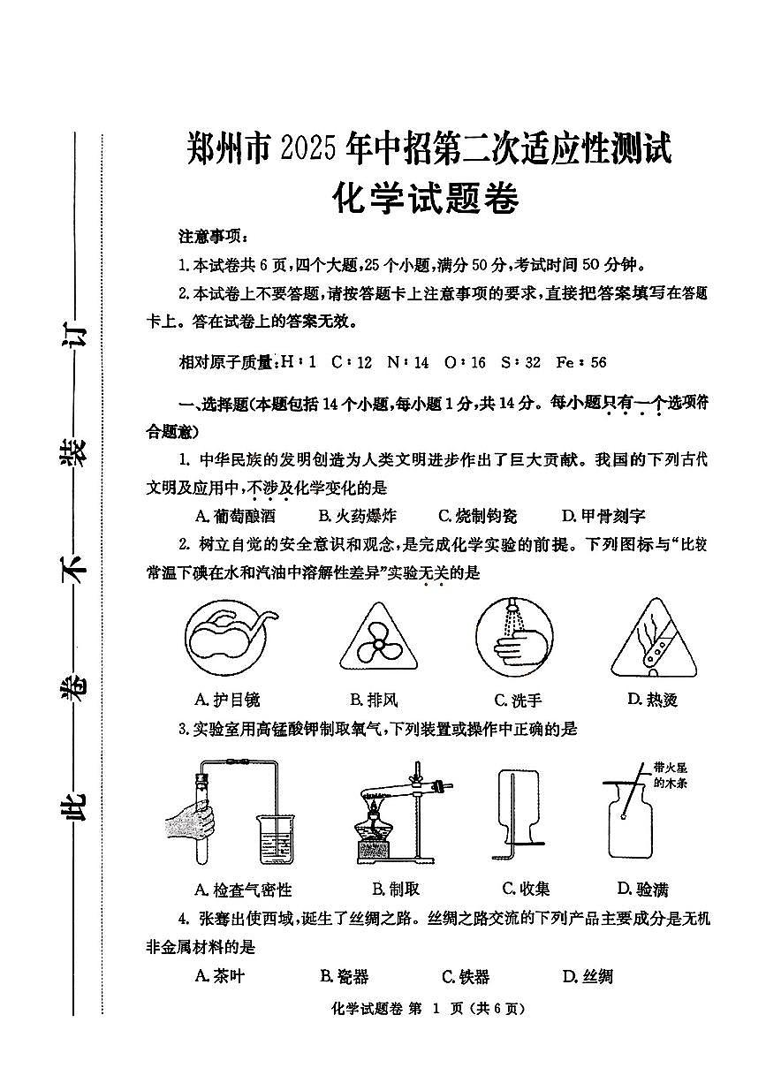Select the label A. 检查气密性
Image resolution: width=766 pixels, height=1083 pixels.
tap(242, 890)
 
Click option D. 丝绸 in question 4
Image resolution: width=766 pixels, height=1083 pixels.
tap(588, 976)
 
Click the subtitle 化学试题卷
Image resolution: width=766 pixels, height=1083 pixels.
tap(424, 199)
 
